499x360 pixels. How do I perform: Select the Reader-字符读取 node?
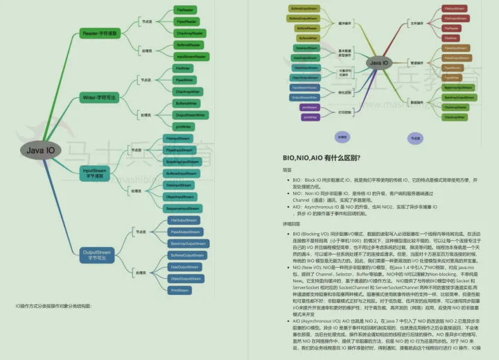(101, 33)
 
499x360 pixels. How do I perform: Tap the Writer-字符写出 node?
(101, 96)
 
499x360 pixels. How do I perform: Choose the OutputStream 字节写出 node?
(96, 255)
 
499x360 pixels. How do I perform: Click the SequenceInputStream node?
(182, 208)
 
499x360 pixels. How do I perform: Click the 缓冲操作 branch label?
(344, 23)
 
